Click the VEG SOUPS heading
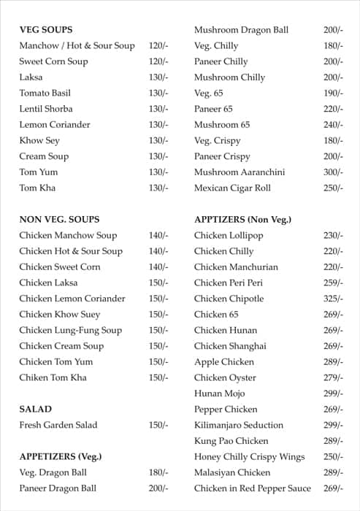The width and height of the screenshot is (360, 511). click(45, 30)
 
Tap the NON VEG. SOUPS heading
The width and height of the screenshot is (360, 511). click(59, 219)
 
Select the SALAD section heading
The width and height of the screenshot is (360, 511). click(35, 410)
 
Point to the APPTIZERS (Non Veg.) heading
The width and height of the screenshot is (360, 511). click(242, 219)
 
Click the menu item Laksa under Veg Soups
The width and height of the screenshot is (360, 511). click(31, 77)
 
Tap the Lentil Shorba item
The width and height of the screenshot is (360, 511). click(46, 109)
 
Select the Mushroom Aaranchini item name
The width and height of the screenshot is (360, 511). click(240, 172)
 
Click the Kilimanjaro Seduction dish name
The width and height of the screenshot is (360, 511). click(239, 425)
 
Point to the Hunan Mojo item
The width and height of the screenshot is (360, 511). click(220, 393)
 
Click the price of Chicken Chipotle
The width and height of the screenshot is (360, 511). click(333, 299)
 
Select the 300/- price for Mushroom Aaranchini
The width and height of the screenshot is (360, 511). click(333, 172)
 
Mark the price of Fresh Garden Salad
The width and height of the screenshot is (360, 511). click(158, 425)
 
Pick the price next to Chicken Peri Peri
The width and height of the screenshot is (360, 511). click(333, 283)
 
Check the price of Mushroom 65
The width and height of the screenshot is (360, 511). click(333, 125)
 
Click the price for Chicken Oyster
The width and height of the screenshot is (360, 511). click(333, 377)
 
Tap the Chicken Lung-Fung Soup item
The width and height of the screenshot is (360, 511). click(71, 330)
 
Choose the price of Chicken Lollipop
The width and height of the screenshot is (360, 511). click(333, 235)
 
